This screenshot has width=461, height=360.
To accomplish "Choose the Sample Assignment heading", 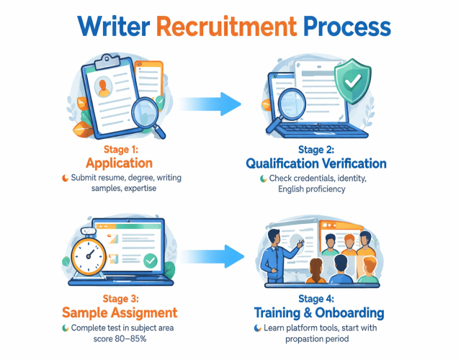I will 120,312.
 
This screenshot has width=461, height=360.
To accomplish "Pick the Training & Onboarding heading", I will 319,313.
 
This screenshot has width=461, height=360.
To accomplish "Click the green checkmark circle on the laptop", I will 151,260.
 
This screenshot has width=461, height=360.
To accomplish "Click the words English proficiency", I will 312,189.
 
